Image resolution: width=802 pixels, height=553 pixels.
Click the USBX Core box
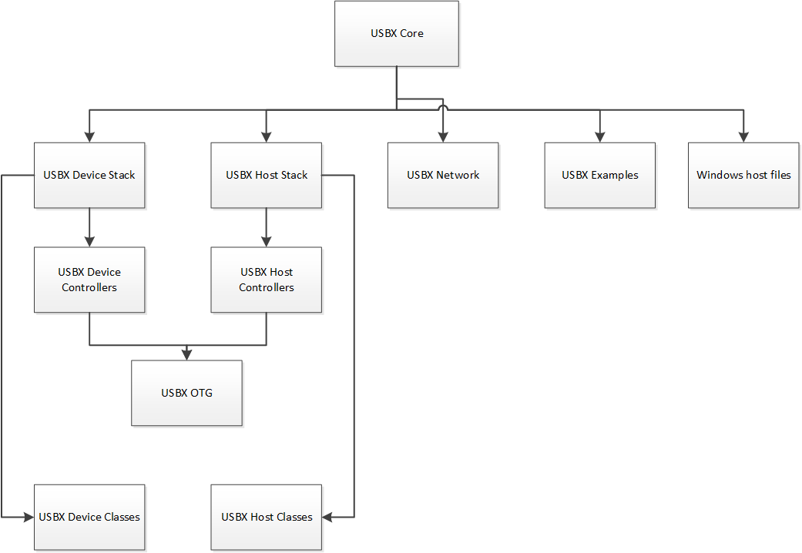(397, 33)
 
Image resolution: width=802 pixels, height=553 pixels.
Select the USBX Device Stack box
(89, 175)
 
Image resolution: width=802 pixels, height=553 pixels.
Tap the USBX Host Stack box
(267, 175)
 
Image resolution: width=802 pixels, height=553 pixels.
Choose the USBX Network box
(443, 175)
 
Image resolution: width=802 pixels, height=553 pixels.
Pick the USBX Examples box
(600, 175)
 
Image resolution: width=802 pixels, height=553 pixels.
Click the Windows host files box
(743, 175)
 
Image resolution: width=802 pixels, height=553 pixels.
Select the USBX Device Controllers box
(89, 280)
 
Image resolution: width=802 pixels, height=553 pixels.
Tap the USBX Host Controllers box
(267, 280)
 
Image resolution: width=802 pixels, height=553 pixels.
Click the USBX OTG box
(186, 393)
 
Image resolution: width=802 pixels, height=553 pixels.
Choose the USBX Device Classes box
(89, 517)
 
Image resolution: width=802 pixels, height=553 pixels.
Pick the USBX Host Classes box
(267, 517)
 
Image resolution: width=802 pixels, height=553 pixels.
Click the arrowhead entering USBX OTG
(186, 354)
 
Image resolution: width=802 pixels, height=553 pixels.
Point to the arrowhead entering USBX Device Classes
(29, 517)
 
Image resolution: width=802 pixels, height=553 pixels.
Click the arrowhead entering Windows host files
(743, 137)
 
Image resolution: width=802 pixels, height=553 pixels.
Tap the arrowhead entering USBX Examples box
(600, 137)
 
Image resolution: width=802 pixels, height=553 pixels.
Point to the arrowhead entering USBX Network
(443, 137)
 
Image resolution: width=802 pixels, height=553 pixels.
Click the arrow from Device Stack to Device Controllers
(89, 227)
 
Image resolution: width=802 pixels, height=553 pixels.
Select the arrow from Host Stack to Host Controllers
(267, 227)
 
